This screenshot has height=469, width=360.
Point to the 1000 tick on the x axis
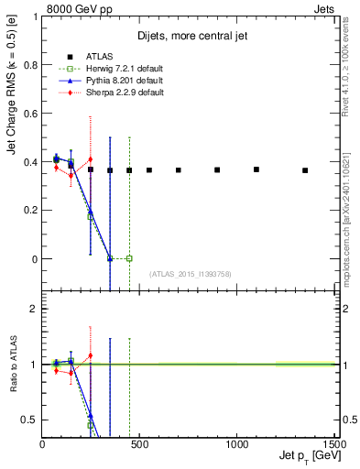236,444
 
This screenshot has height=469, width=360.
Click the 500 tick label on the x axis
139,444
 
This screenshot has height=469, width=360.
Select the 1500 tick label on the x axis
333,444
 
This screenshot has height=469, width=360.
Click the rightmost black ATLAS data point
304,170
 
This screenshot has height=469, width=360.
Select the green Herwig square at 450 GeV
129,258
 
